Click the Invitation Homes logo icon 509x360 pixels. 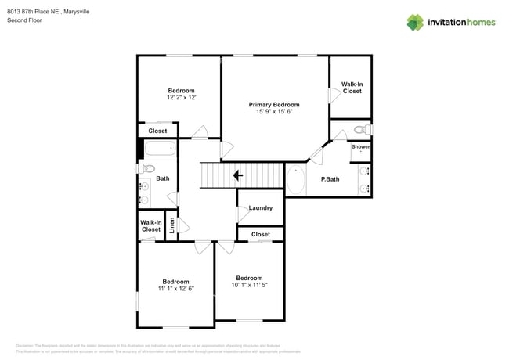pos(414,22)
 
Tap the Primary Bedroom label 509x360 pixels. pos(274,104)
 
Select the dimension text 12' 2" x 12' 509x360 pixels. pos(181,98)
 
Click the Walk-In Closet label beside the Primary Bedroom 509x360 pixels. pos(352,88)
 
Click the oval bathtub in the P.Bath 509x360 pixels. pos(297,180)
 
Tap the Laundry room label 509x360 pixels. pos(260,207)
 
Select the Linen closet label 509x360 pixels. pos(173,225)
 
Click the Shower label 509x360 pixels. pos(360,146)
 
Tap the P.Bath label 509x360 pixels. pos(330,179)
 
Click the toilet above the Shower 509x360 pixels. pos(360,129)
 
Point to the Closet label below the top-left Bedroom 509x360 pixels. pos(158,131)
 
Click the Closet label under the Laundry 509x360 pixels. pos(260,234)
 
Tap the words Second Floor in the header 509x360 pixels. pos(24,20)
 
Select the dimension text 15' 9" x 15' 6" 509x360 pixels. pos(274,112)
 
